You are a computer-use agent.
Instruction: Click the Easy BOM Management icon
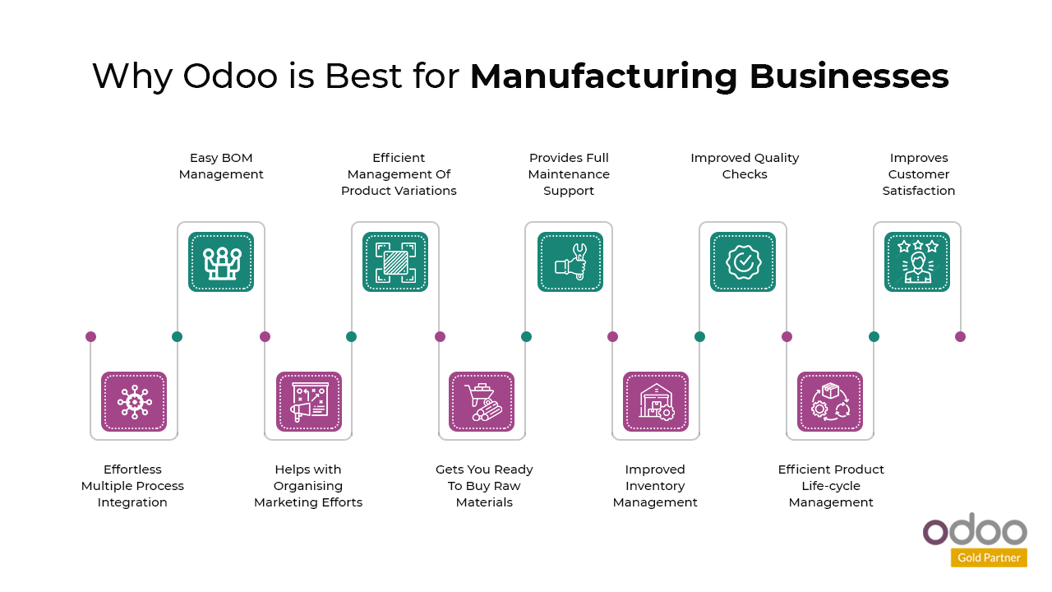(x=221, y=261)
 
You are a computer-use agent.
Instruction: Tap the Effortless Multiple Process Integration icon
(x=134, y=401)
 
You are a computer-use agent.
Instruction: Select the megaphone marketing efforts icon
(x=308, y=401)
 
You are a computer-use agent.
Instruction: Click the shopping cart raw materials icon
(x=482, y=401)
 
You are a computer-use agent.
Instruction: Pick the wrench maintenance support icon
(x=570, y=261)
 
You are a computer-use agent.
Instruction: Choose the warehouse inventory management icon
(x=656, y=401)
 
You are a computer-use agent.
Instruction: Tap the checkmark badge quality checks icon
(x=743, y=261)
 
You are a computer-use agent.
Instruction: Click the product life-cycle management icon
(x=830, y=401)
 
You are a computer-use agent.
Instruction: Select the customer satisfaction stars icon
(x=917, y=261)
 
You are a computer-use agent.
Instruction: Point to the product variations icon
(x=395, y=261)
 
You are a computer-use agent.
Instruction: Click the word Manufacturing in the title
(x=604, y=76)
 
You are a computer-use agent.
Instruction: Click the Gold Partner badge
(x=989, y=557)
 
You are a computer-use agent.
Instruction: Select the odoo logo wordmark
(x=975, y=530)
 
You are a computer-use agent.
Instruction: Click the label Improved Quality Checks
(x=745, y=166)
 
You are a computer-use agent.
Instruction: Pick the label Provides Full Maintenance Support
(x=569, y=174)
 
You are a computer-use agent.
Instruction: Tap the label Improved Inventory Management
(x=655, y=486)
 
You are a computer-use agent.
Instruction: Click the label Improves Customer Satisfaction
(x=919, y=174)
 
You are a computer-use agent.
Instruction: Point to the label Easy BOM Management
(x=221, y=166)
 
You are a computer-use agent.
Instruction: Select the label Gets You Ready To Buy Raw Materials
(x=484, y=486)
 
